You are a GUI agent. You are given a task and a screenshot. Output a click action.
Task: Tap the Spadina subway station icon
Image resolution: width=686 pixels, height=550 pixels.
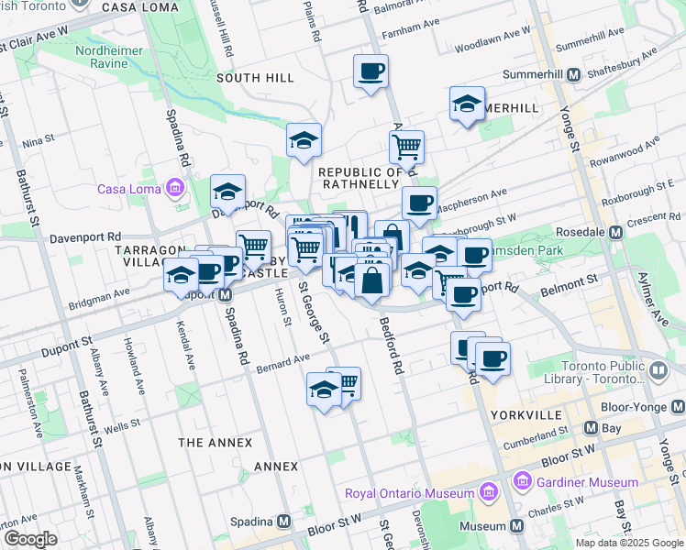[284, 521]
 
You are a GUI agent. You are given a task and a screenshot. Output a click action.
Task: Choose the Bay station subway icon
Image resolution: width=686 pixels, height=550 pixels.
[590, 428]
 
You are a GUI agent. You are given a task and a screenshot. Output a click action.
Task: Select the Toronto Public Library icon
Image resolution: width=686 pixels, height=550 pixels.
[658, 370]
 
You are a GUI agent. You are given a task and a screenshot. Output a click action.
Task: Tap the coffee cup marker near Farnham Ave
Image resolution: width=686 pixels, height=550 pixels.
[371, 71]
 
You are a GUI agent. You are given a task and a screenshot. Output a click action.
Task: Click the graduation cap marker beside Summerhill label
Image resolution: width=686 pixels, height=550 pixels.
[467, 104]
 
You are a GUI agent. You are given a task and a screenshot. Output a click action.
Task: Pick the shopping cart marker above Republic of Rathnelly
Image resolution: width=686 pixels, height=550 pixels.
[405, 146]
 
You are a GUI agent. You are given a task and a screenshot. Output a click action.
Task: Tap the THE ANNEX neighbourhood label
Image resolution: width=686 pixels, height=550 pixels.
[215, 443]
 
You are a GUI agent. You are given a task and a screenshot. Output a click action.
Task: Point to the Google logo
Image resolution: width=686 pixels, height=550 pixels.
[30, 538]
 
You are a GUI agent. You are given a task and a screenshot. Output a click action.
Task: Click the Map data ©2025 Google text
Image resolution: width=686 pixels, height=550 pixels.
[628, 543]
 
